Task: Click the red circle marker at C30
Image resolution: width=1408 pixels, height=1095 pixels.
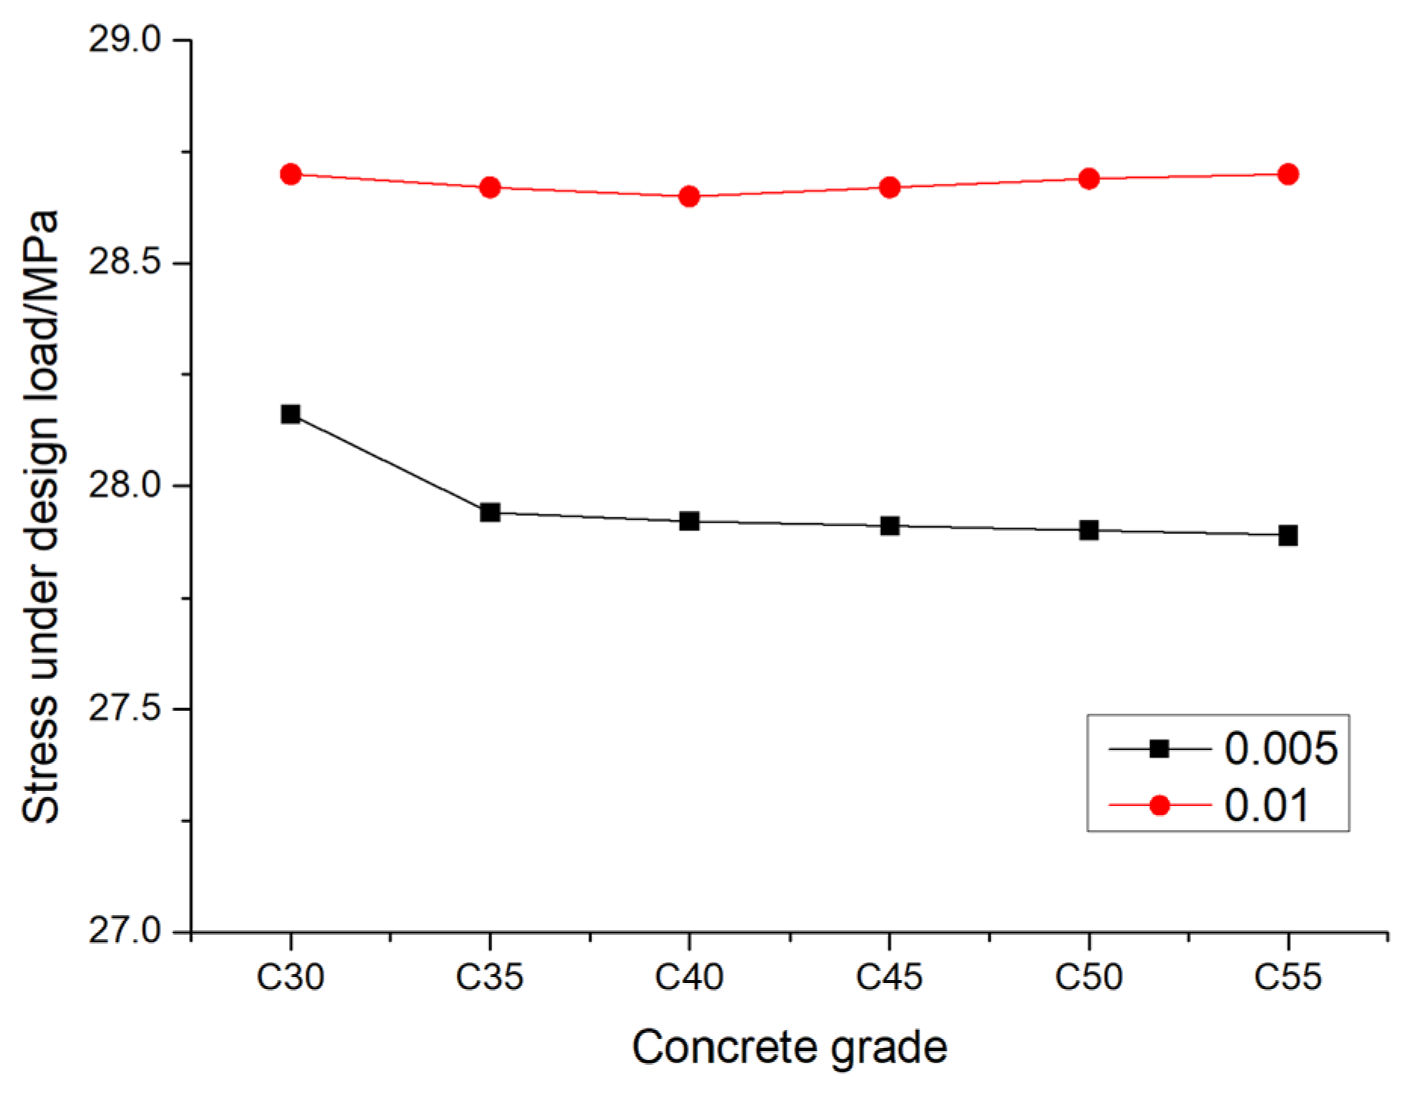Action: (x=290, y=175)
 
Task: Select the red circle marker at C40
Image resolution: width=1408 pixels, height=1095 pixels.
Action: (x=689, y=197)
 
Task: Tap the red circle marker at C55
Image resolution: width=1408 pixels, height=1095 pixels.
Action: (x=1288, y=175)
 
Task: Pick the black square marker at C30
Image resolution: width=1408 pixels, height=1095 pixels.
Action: (x=290, y=414)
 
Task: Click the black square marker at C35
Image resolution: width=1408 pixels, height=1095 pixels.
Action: (x=490, y=513)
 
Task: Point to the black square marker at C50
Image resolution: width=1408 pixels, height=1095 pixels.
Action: (x=1089, y=530)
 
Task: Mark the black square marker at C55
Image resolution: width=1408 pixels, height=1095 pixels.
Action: (x=1288, y=536)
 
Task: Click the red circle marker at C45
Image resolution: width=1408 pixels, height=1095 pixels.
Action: (x=889, y=188)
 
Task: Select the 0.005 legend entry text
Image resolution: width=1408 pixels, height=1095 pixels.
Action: (x=1280, y=749)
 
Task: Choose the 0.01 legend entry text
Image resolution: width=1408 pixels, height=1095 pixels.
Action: (x=1266, y=805)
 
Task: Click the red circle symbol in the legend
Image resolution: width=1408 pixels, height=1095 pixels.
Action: (x=1159, y=805)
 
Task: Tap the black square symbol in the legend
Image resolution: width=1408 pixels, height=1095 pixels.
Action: (x=1159, y=749)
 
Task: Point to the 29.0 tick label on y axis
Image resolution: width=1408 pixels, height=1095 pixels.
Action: (x=126, y=39)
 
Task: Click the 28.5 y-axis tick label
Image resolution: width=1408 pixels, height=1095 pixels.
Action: (x=126, y=262)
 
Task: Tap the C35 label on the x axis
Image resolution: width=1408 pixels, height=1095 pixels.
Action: (x=489, y=977)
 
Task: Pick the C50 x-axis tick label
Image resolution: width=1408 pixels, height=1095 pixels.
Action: (x=1088, y=977)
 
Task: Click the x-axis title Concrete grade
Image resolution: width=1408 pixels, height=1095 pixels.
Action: (x=789, y=1047)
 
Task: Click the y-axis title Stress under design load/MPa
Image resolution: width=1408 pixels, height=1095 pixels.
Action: (x=41, y=516)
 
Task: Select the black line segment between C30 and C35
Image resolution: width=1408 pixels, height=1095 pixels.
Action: (x=390, y=464)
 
